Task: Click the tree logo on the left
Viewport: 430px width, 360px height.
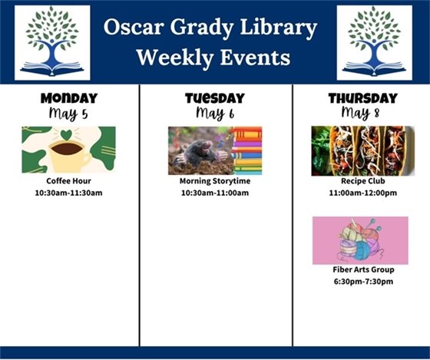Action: click(x=52, y=43)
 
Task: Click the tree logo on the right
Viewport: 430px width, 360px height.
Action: click(x=374, y=43)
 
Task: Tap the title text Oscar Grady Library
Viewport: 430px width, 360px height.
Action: click(x=211, y=29)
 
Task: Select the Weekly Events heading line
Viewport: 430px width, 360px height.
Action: click(x=213, y=57)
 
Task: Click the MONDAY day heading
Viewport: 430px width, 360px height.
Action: click(x=68, y=98)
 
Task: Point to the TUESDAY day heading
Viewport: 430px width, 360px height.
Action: click(x=214, y=98)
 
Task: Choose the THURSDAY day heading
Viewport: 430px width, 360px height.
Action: click(x=362, y=98)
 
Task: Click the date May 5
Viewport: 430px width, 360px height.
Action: click(x=68, y=114)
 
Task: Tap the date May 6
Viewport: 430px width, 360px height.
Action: click(x=214, y=114)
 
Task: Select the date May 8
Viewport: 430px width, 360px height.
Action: click(x=362, y=114)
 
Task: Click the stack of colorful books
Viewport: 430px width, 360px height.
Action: click(x=246, y=151)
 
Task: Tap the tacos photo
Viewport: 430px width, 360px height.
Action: click(x=362, y=150)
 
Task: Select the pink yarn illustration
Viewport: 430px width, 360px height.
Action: click(x=360, y=240)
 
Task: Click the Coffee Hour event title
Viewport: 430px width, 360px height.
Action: click(x=68, y=181)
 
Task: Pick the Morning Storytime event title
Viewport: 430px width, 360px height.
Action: click(x=214, y=181)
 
